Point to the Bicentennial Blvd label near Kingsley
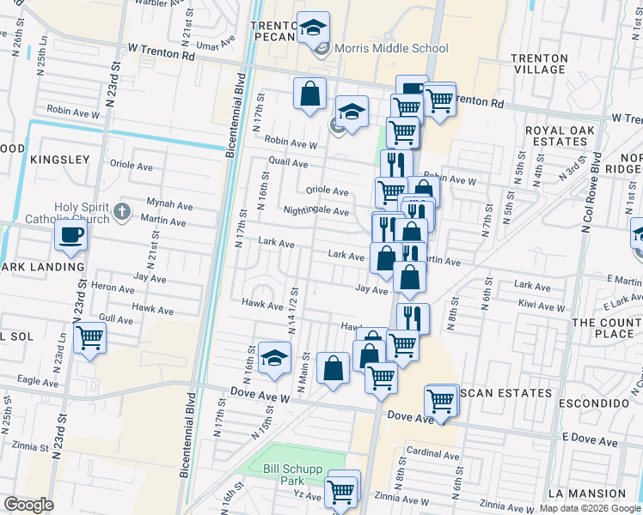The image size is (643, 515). [x=230, y=121]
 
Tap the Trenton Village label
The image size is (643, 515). [x=539, y=64]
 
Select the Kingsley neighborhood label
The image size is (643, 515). [x=59, y=160]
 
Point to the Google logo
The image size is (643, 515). [x=28, y=505]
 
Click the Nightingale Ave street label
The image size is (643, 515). [x=316, y=211]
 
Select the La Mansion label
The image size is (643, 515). [x=586, y=494]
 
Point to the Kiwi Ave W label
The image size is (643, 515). [x=542, y=306]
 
